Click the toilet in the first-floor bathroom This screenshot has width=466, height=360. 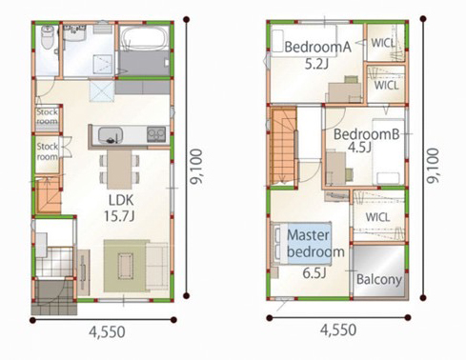(x=48, y=37)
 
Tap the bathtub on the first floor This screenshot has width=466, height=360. (x=145, y=38)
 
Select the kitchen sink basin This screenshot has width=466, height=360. (x=111, y=134)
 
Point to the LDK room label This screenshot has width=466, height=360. (x=121, y=200)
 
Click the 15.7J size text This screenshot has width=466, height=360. (x=119, y=216)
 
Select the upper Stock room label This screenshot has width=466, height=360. (x=47, y=116)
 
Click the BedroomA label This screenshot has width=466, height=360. (x=317, y=47)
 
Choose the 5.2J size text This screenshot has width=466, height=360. (x=316, y=64)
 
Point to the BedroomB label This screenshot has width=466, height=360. (x=366, y=134)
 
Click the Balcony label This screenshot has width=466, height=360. (x=379, y=280)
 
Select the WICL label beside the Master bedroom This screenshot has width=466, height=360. (x=377, y=217)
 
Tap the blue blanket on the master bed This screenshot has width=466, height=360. (x=309, y=243)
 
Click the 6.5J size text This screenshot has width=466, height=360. (x=314, y=273)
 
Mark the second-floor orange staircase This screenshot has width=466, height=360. (x=283, y=147)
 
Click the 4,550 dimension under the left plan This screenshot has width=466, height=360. (x=107, y=332)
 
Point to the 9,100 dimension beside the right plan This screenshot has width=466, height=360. (x=433, y=166)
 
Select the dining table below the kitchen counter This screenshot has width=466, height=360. (x=119, y=170)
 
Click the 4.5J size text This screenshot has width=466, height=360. (x=359, y=148)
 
